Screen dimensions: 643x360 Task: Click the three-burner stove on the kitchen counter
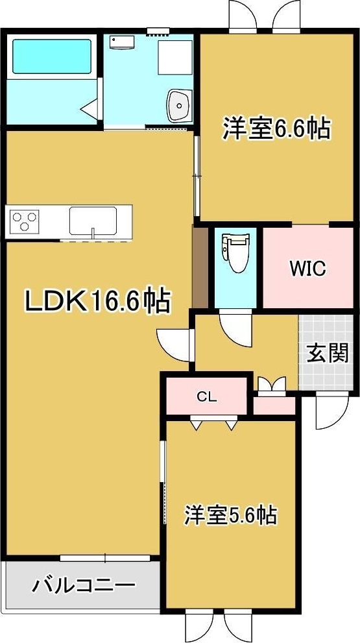[24, 221]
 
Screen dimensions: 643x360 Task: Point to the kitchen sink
[93, 221]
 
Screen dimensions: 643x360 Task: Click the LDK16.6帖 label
[98, 300]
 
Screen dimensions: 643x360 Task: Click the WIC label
[307, 269]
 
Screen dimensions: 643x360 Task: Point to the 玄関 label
[328, 354]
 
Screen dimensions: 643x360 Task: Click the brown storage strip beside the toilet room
[200, 267]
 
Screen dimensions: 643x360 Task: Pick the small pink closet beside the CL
[274, 405]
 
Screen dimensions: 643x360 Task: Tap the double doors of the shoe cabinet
[270, 385]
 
